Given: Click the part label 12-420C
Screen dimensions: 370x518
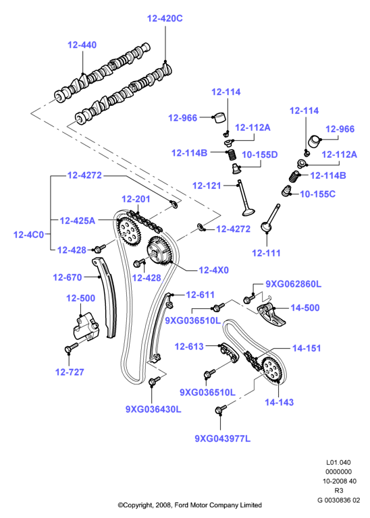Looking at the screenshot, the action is [165, 18].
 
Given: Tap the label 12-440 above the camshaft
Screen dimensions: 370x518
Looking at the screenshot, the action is [82, 45].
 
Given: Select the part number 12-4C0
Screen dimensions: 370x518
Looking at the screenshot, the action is [28, 235].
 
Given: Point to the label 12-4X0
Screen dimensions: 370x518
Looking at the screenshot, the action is [213, 270].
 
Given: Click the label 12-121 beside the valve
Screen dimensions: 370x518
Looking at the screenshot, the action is [207, 185].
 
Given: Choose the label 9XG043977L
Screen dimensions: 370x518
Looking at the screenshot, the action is [223, 438].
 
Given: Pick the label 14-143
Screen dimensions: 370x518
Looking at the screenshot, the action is [279, 402].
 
